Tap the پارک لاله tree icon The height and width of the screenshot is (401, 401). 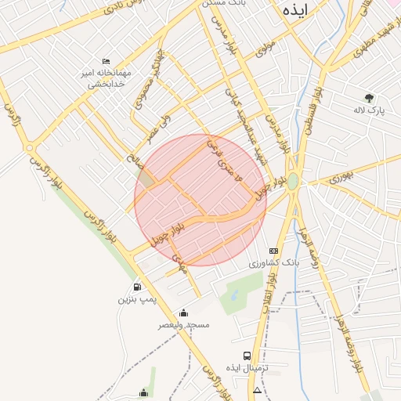coord(369,98)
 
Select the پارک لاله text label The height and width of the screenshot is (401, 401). coord(370,112)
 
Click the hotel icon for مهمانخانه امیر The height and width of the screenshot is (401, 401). coord(107,61)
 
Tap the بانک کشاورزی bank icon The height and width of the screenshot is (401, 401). coord(273,250)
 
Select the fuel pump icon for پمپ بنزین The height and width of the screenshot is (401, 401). coord(137,287)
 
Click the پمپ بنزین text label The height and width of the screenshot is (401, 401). coord(138,300)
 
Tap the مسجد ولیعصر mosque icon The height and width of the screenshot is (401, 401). coord(183,312)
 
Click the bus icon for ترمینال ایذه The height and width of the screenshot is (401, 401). coord(247,355)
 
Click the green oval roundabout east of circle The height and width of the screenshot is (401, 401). coord(293,182)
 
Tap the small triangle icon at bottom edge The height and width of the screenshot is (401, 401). coord(258,389)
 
